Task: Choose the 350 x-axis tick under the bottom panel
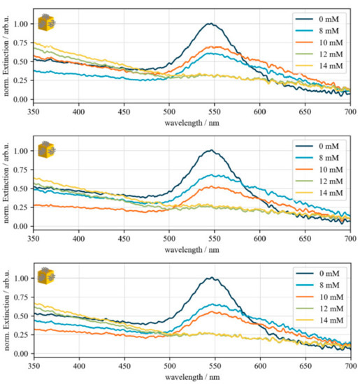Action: [34, 364]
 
